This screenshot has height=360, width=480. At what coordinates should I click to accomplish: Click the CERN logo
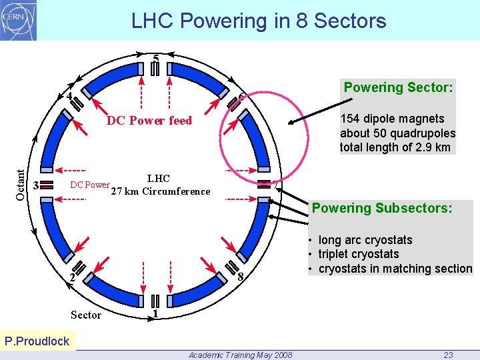[19, 20]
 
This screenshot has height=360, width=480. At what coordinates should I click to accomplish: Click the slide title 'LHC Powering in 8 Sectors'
[259, 21]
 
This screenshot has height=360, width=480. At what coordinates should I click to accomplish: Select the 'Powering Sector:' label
[398, 87]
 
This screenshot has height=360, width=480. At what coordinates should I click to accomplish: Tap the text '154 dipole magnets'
[392, 119]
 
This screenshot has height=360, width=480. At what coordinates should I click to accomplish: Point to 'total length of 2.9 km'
[395, 147]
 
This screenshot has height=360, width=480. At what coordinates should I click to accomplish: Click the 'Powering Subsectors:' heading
[382, 208]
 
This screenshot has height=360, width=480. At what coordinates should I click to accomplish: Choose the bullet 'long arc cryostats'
[365, 240]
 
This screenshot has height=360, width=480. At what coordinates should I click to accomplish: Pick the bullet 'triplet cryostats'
[359, 254]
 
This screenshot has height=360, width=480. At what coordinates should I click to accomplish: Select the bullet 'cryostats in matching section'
[395, 269]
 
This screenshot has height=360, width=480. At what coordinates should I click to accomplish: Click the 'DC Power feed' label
[149, 121]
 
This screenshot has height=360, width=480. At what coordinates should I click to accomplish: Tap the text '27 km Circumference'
[160, 192]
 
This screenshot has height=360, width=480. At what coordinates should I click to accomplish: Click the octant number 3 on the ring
[37, 185]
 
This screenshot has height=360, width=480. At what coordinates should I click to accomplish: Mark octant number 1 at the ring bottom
[155, 313]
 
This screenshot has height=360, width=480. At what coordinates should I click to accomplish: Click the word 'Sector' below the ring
[86, 315]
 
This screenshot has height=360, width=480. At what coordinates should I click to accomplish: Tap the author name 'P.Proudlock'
[37, 341]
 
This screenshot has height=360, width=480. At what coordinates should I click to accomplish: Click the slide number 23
[448, 355]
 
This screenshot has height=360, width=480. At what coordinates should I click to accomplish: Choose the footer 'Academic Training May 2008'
[240, 355]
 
